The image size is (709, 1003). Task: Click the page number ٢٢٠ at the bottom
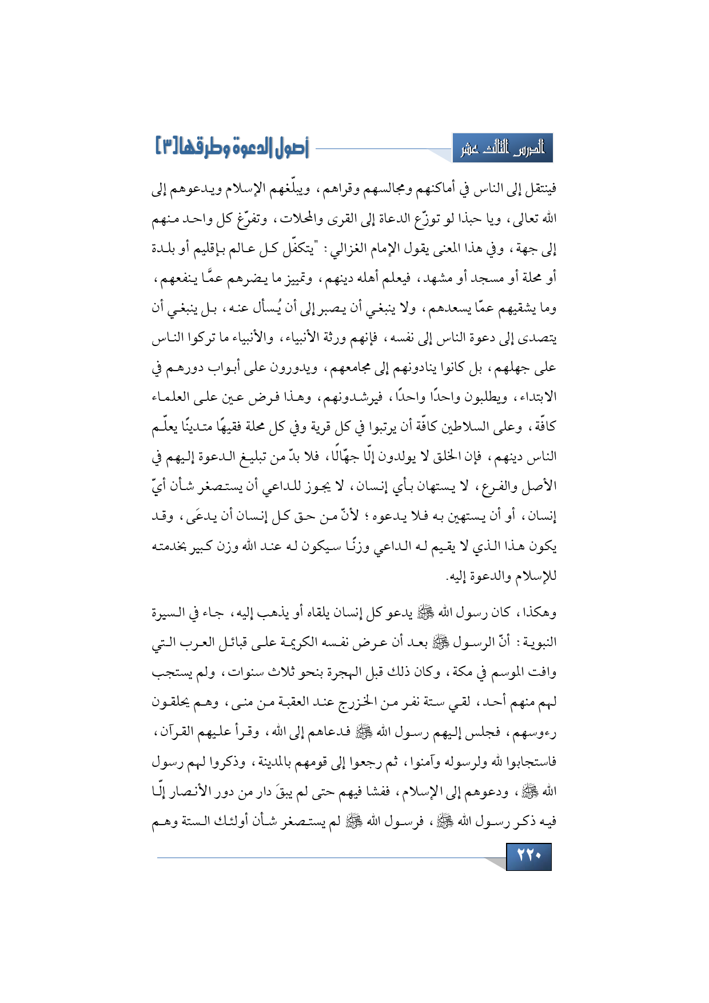tap(528, 856)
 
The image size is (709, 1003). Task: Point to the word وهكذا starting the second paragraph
tap(538, 612)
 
